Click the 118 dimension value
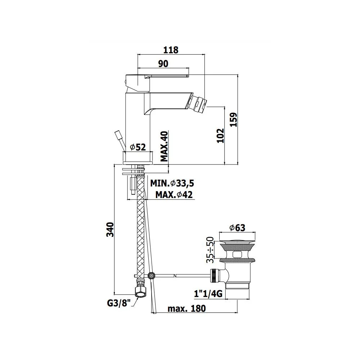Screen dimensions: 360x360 171,50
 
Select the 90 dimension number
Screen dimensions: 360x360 163,64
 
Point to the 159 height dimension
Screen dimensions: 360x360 234,120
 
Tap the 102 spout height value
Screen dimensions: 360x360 220,136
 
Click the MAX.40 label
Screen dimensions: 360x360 164,146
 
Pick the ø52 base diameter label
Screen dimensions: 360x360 138,147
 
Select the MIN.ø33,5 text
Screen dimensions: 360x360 172,183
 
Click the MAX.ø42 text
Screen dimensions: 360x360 174,195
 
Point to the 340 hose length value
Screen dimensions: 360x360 110,229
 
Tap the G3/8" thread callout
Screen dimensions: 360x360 119,303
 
